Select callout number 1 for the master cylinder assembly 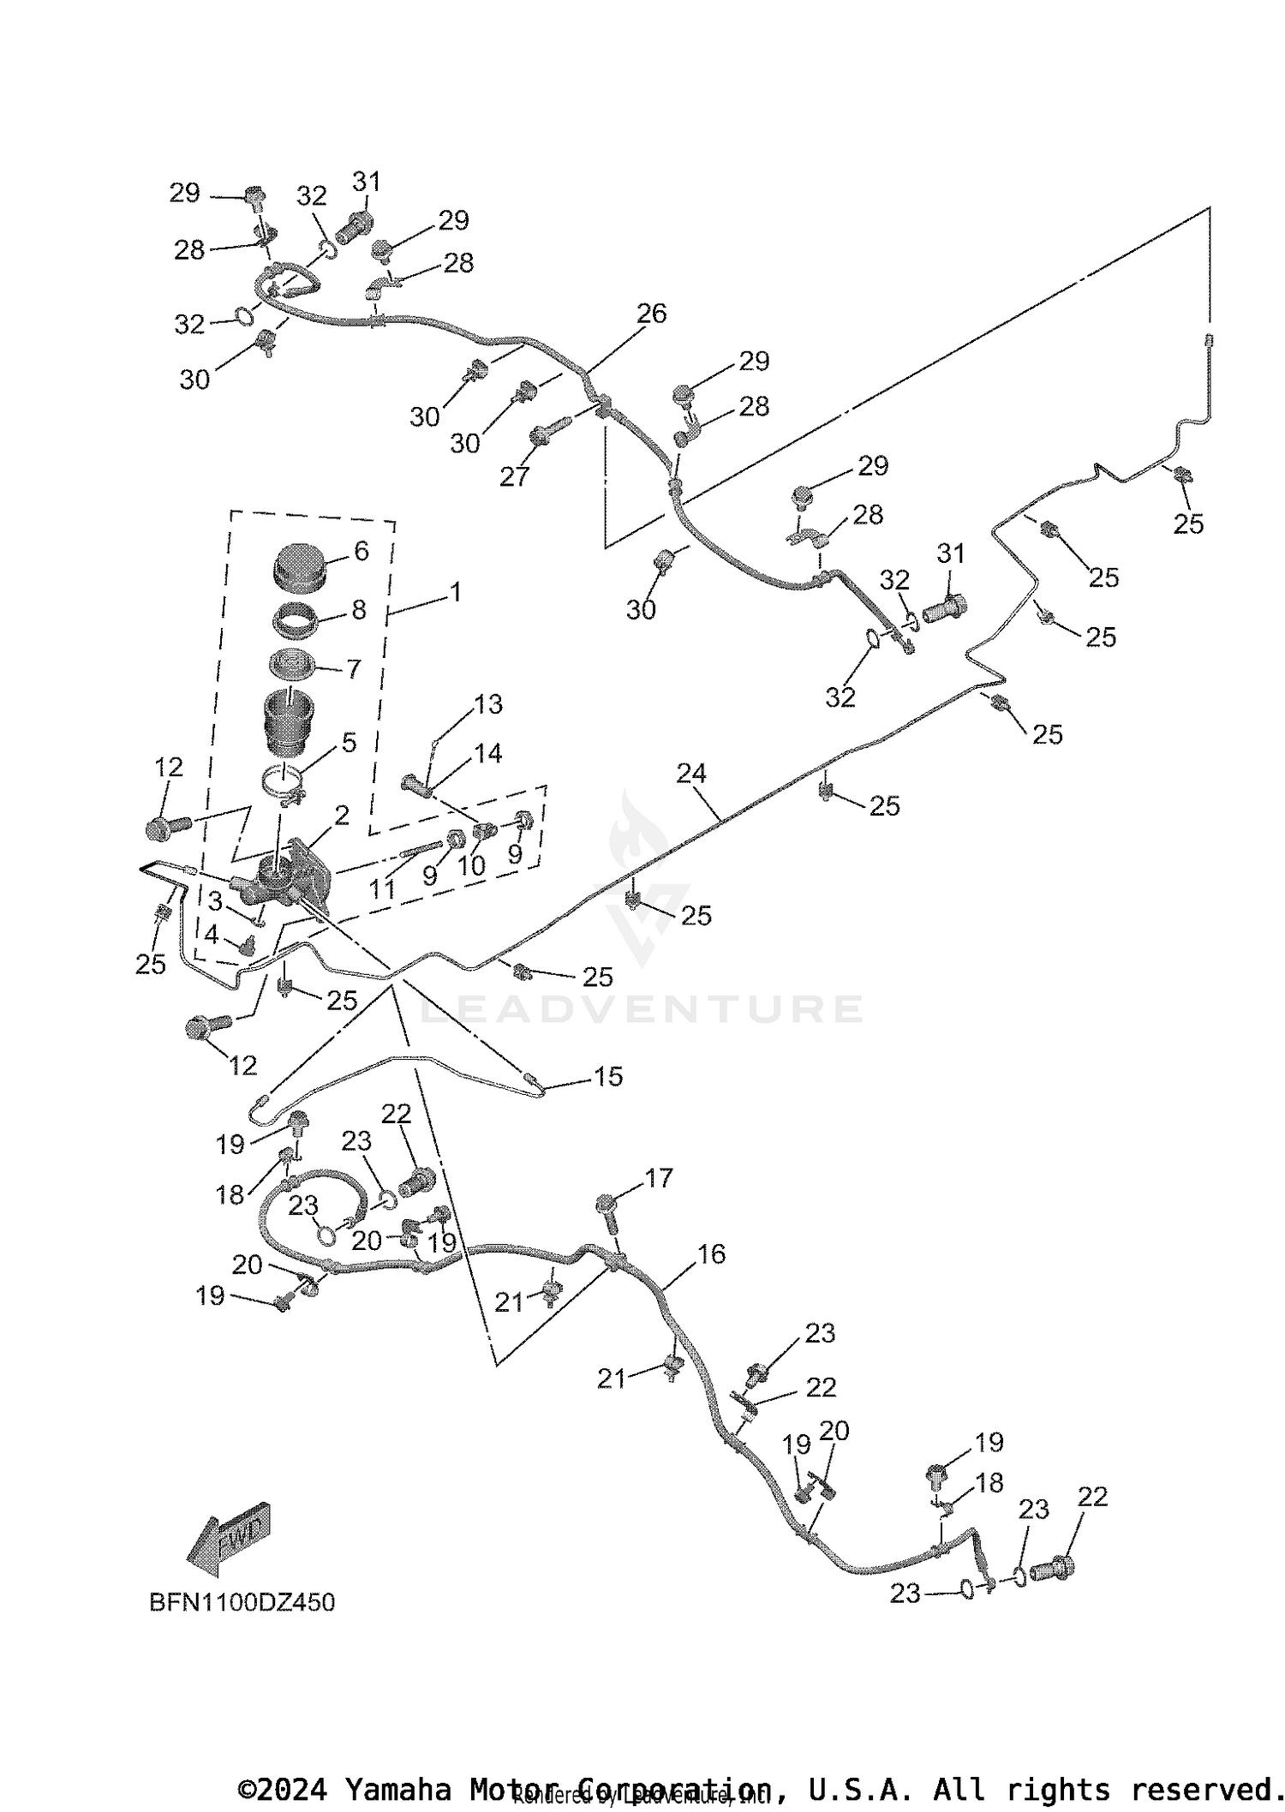[456, 592]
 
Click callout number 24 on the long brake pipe [691, 774]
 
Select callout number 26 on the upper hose [651, 314]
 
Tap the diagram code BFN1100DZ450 [242, 1602]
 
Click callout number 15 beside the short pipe [608, 1077]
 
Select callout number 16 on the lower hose [711, 1254]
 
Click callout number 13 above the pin [488, 704]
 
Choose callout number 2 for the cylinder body [342, 816]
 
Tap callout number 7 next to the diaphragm [353, 668]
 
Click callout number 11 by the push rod [382, 889]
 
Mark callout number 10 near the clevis [471, 865]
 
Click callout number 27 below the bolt [514, 476]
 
